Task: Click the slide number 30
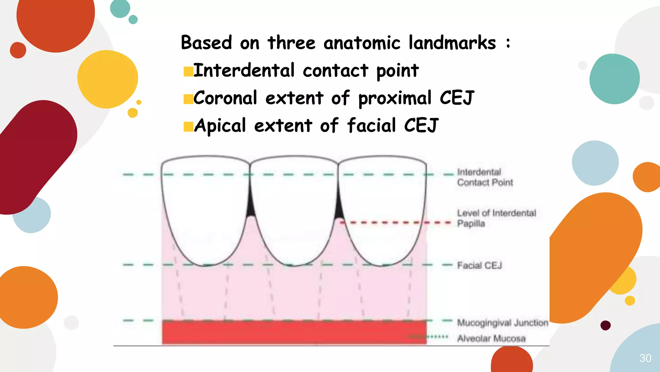coord(645,358)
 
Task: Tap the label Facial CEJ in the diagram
coord(480,265)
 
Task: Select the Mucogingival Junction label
coord(502,323)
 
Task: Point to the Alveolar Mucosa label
coord(491,338)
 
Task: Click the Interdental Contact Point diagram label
coord(485,177)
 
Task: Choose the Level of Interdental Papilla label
coord(496,218)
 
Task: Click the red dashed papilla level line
coord(396,222)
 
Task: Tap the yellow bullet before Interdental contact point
coord(188,71)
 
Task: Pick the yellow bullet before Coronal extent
coord(188,99)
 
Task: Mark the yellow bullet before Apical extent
coord(188,127)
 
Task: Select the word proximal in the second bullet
coord(395,98)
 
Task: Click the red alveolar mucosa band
coord(294,333)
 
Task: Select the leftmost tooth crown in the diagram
coord(206,207)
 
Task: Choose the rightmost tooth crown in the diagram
coord(383,207)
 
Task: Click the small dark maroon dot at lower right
coord(606,325)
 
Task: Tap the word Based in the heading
coord(206,43)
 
